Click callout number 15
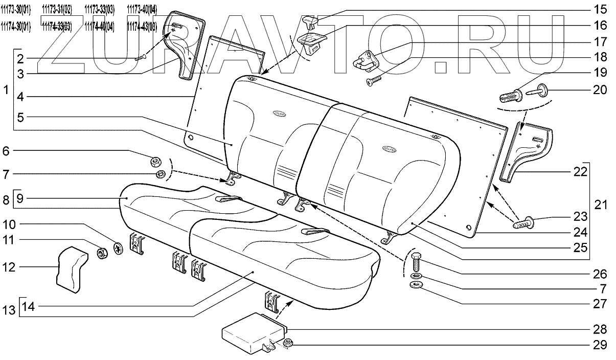tap(600, 9)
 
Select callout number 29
tap(600, 345)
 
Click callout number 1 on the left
tap(6, 91)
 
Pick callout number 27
tap(600, 304)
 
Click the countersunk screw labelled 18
tap(373, 79)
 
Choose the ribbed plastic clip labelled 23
tap(521, 223)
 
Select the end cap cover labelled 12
tap(70, 269)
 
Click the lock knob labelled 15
tap(311, 21)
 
